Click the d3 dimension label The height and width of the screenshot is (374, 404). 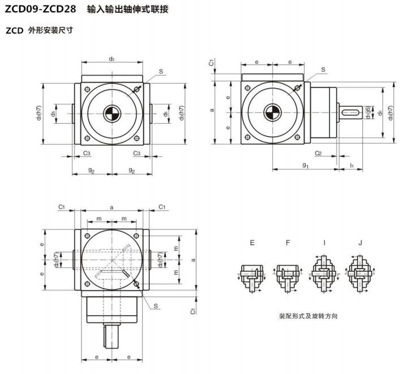tap(112, 59)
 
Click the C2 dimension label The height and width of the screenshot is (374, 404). tap(319, 153)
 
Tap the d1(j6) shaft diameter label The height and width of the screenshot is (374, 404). tap(368, 112)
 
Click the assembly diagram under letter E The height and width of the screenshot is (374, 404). tap(251, 275)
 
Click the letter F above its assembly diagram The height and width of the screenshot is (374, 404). tap(287, 242)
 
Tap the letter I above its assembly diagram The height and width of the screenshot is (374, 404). tap(324, 242)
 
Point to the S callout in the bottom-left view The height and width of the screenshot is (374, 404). tap(156, 306)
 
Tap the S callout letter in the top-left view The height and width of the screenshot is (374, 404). tap(161, 72)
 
